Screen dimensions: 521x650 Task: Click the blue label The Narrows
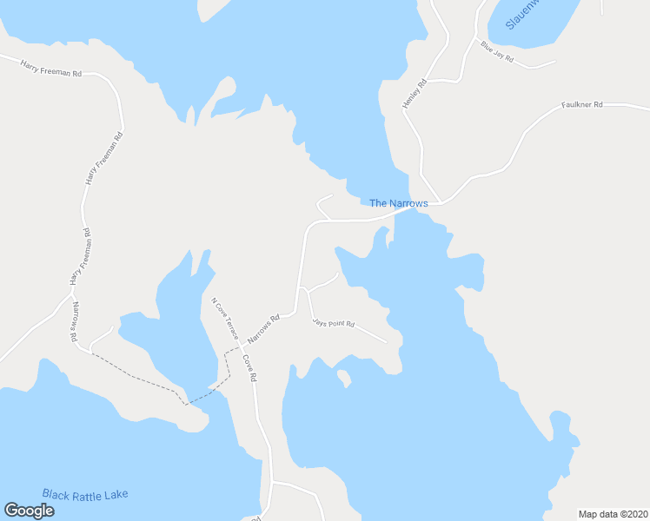tap(399, 203)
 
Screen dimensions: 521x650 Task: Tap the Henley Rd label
tap(415, 94)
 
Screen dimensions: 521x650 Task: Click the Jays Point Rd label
tap(334, 323)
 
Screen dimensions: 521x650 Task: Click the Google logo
tap(29, 511)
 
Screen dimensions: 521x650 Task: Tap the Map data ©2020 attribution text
tap(614, 513)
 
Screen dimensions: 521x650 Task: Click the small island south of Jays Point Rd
tap(344, 378)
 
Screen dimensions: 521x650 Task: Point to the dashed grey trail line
tap(139, 376)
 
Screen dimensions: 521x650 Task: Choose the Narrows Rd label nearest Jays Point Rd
tap(263, 327)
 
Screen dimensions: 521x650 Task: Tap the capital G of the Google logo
tap(12, 511)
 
